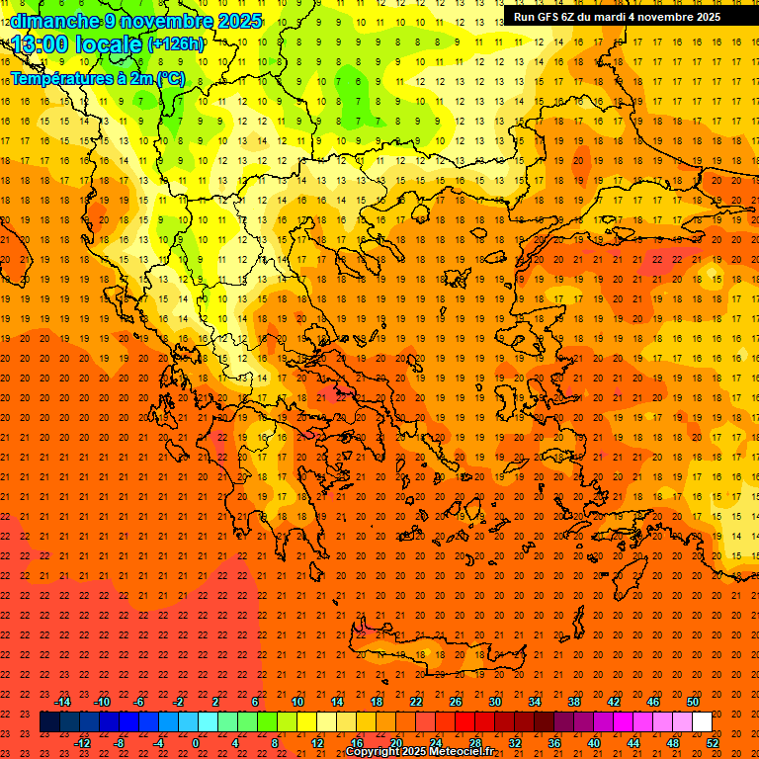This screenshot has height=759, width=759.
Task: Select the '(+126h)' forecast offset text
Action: [175, 43]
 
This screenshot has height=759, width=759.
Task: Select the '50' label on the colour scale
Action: [693, 702]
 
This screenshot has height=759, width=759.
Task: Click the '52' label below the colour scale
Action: [713, 743]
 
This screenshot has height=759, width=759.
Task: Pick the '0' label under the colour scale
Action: [197, 743]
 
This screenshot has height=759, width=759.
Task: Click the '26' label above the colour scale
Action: [456, 702]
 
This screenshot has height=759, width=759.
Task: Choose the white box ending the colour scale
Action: [703, 722]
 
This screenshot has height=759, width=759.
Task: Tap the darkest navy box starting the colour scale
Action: [49, 722]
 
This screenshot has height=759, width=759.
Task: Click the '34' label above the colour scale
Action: [535, 702]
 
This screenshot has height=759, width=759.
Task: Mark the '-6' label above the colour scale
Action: [140, 702]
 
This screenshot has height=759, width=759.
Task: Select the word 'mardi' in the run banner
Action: [606, 16]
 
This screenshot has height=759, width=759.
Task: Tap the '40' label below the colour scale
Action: [594, 743]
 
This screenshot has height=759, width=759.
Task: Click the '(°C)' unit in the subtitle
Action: [168, 78]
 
